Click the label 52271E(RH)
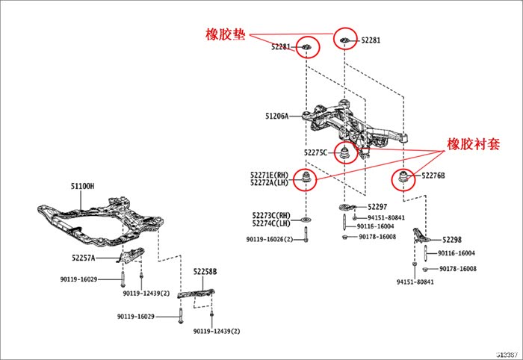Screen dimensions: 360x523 coord(270,174)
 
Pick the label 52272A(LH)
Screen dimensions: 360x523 coord(270,182)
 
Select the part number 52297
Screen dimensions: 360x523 coord(377,207)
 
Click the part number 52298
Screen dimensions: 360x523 coord(452,240)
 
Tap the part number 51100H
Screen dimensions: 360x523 coord(83,185)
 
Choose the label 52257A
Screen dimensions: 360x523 coord(84,258)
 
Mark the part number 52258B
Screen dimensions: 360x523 coord(205,273)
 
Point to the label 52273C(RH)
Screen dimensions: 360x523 coord(271,214)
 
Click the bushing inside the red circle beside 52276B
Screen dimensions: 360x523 coord(404,179)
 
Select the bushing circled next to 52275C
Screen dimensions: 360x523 coord(345,155)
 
